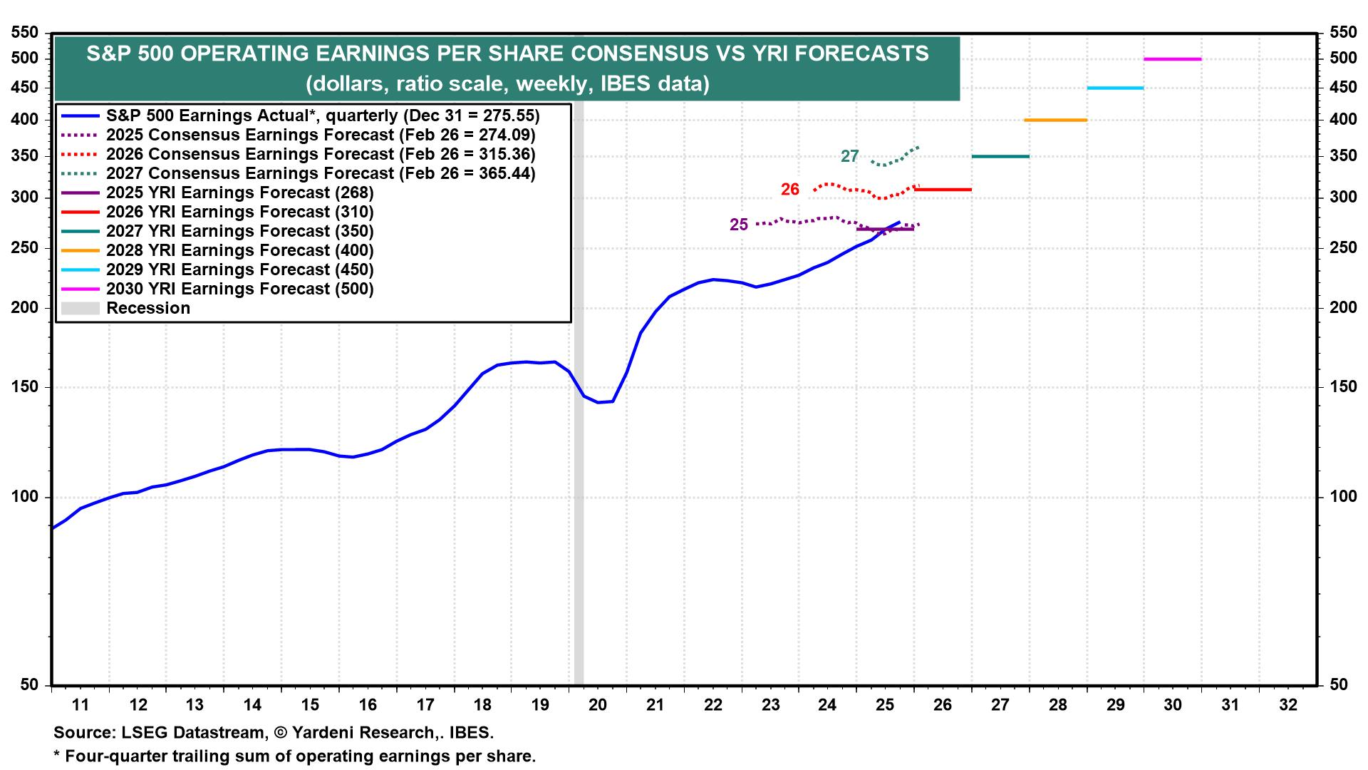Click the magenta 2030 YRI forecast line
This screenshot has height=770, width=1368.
click(1172, 59)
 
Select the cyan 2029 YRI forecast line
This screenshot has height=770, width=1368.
click(1115, 88)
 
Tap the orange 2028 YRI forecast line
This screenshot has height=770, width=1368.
click(1055, 120)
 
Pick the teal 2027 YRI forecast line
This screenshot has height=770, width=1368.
click(1000, 156)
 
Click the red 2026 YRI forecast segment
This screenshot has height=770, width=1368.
click(943, 190)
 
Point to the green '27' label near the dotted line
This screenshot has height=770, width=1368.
click(849, 156)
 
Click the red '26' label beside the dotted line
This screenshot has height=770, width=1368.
click(789, 190)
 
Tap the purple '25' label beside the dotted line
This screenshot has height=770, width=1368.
click(739, 225)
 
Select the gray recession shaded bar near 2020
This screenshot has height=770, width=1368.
click(579, 499)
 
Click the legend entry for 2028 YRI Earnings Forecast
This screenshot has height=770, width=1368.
click(239, 250)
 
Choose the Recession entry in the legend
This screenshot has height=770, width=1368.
click(148, 308)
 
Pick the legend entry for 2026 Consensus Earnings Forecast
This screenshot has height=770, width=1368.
click(321, 154)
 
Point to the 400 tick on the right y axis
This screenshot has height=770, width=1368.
click(1343, 120)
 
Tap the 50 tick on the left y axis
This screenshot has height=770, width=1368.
click(29, 684)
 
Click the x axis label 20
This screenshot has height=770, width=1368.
click(597, 705)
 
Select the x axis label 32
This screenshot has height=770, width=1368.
click(1288, 705)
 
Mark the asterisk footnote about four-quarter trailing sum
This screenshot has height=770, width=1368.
click(294, 756)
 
